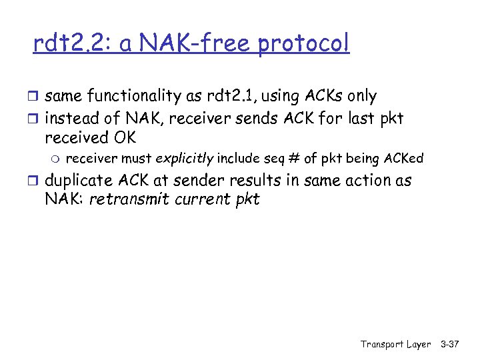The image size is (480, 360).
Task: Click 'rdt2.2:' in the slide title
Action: (73, 44)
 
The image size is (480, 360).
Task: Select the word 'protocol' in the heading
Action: (303, 45)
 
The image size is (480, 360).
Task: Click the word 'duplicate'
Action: (78, 181)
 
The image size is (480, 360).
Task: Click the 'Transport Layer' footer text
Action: (396, 344)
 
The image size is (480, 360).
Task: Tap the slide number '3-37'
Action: (450, 344)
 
